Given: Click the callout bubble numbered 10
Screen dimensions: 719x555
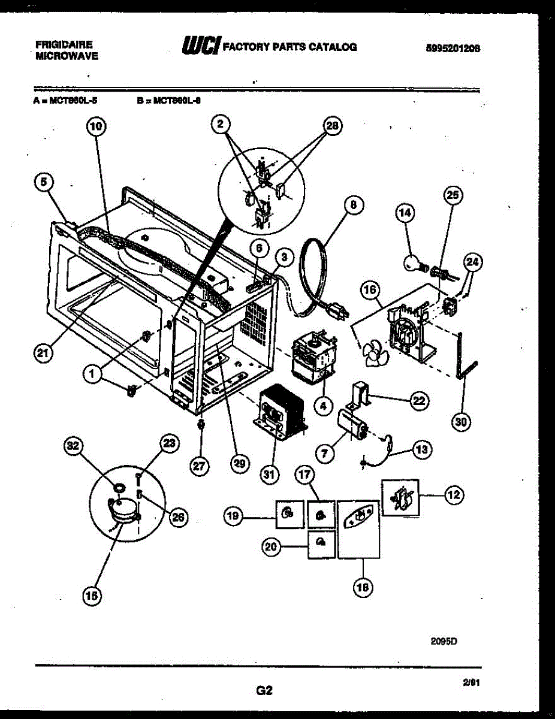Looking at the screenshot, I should (96, 126).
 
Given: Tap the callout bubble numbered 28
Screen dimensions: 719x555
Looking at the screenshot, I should (331, 126).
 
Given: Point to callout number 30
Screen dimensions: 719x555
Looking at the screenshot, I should (460, 422).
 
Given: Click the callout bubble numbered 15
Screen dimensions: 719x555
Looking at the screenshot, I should (92, 595).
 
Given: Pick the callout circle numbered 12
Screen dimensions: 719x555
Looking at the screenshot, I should (454, 494).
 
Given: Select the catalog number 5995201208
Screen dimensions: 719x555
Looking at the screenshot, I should (454, 49).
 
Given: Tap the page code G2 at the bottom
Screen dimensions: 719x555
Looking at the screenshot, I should (264, 691).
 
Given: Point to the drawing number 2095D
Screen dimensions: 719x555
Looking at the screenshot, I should (444, 640).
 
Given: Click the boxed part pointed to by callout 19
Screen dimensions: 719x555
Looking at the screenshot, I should (287, 513).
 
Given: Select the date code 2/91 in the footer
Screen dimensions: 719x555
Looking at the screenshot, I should (471, 682).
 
